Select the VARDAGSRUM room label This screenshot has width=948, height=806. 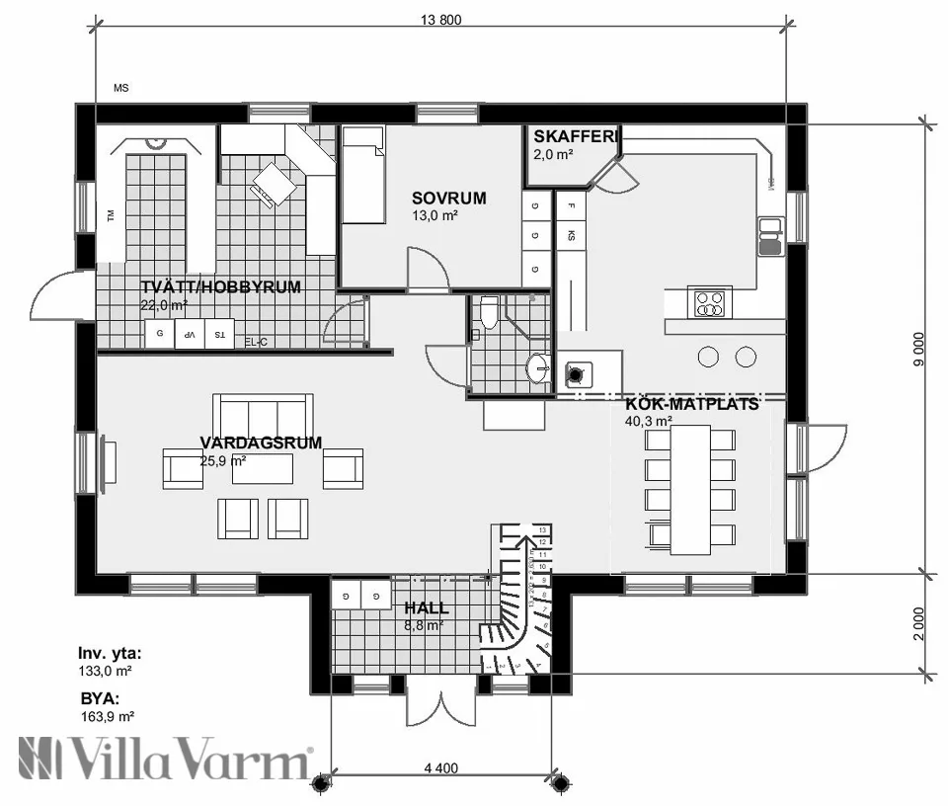click(261, 443)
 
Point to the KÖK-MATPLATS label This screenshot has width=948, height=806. click(691, 404)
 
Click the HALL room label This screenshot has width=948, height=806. click(426, 607)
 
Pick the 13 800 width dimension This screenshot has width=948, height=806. click(441, 20)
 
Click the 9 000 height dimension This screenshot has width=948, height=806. click(918, 351)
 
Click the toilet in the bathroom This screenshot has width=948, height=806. click(488, 313)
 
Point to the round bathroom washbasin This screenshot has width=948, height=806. click(538, 368)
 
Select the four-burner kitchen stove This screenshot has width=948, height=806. click(708, 302)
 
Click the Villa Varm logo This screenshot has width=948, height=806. click(164, 761)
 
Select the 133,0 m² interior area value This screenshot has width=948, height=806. click(106, 670)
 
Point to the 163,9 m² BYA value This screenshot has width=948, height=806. click(107, 717)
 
